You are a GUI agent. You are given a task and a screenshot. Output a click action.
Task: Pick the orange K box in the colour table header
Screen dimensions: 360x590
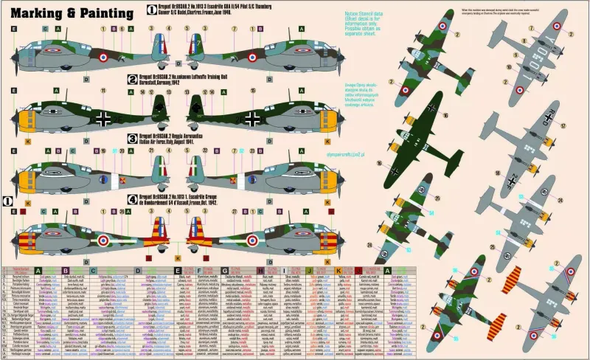click(x=339, y=271)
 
